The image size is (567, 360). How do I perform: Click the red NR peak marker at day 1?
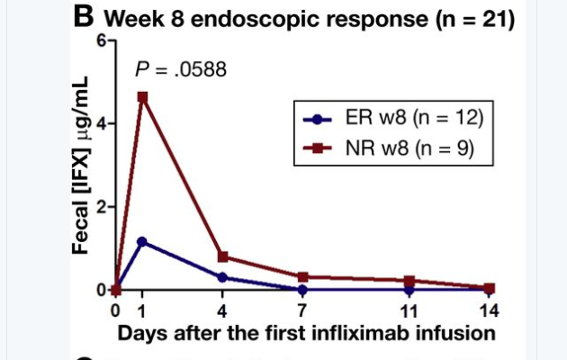(x=142, y=97)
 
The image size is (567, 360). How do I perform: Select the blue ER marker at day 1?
(x=142, y=241)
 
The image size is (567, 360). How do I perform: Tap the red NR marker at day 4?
(x=222, y=256)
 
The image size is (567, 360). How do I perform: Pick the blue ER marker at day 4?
(x=222, y=277)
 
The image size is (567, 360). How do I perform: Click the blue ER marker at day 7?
(x=302, y=290)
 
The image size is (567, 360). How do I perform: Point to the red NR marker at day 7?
(x=302, y=277)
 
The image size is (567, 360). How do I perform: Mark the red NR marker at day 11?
(x=409, y=281)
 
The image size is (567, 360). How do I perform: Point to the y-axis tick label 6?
(x=102, y=41)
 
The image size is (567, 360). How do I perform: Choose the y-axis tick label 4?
(x=102, y=123)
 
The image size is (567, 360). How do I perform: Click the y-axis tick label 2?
(x=102, y=206)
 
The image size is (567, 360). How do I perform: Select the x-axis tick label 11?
(x=409, y=310)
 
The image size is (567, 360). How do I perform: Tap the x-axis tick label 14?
(x=489, y=310)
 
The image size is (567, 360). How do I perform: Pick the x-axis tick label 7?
(x=302, y=310)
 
